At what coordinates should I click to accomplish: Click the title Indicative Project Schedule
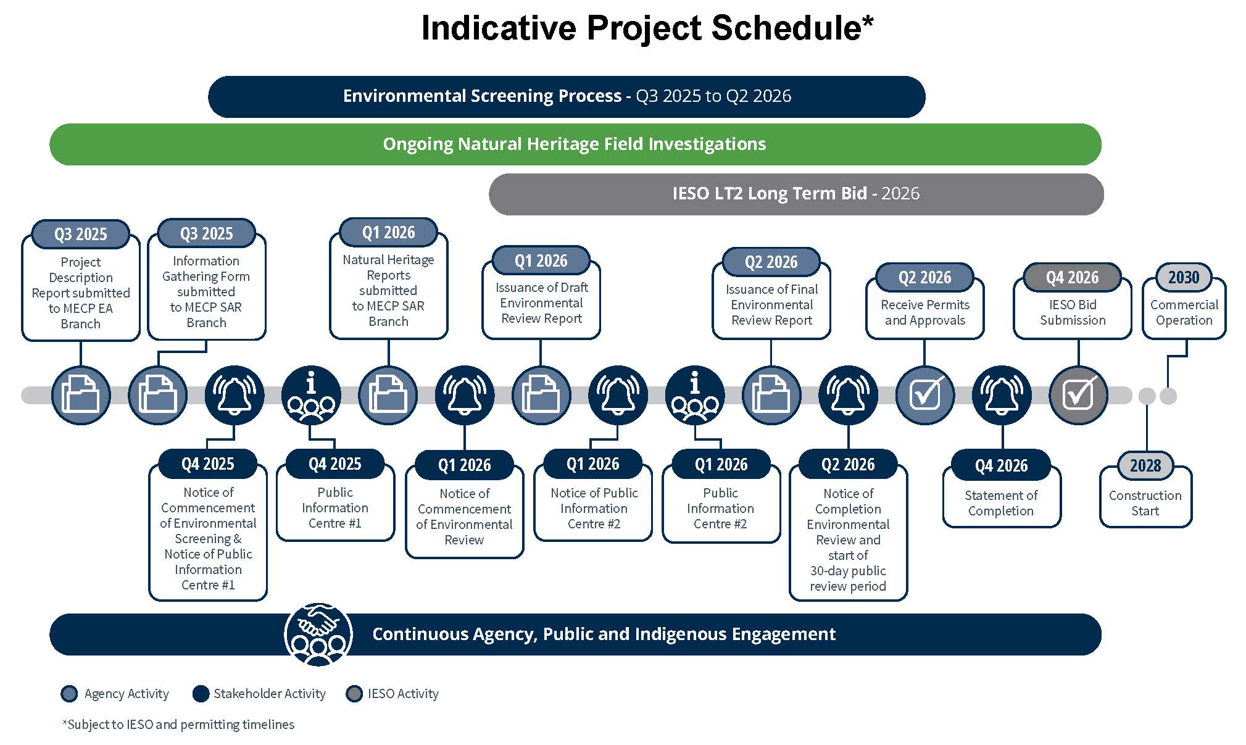click(x=647, y=28)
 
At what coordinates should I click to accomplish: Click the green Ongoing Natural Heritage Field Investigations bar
click(x=575, y=144)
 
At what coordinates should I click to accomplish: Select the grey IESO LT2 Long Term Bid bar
click(x=795, y=194)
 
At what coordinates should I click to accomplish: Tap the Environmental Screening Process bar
click(x=567, y=96)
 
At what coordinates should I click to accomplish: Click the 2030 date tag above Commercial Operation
click(x=1183, y=277)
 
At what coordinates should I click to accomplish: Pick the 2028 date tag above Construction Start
click(x=1145, y=465)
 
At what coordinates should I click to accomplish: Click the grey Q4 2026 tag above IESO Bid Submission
click(x=1072, y=278)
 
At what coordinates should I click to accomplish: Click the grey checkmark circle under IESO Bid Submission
click(x=1078, y=395)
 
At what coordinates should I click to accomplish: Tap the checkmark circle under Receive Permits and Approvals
click(x=924, y=395)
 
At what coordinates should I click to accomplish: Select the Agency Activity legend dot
click(x=70, y=694)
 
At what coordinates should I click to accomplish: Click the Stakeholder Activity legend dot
click(x=201, y=694)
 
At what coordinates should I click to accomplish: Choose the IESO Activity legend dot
click(x=354, y=694)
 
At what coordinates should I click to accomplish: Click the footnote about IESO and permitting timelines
click(x=178, y=725)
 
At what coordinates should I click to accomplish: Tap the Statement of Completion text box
click(x=1001, y=503)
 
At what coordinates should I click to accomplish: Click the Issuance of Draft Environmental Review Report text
click(x=541, y=303)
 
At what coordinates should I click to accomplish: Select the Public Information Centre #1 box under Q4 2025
click(x=334, y=508)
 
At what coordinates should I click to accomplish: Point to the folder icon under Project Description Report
click(x=81, y=395)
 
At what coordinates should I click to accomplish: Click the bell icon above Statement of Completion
click(x=1001, y=395)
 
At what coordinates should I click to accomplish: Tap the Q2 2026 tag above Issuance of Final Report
click(x=771, y=262)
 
